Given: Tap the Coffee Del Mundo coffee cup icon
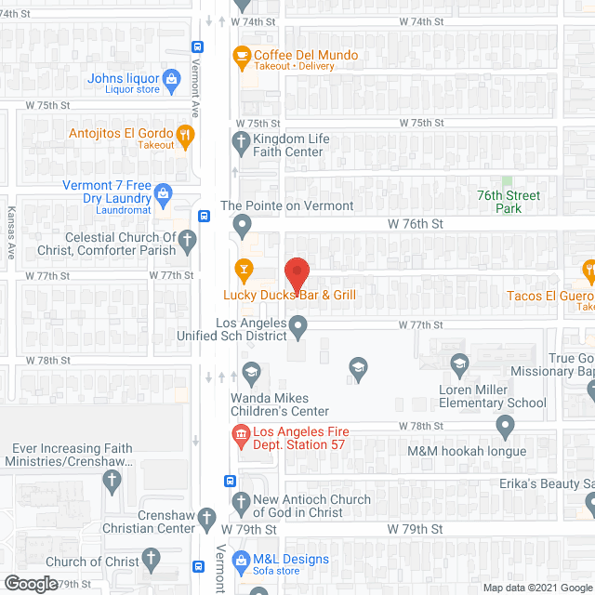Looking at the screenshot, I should [242, 56].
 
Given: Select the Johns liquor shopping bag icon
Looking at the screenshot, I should [171, 79].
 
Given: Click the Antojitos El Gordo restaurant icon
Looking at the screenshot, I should [186, 136].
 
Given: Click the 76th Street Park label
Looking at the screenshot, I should [509, 202].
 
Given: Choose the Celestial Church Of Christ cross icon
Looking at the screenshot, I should [187, 242].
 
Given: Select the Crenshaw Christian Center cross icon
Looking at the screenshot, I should [206, 516].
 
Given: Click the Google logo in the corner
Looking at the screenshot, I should [30, 584].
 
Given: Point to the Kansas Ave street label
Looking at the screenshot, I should [12, 233].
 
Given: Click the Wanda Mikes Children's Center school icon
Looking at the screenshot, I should [249, 373].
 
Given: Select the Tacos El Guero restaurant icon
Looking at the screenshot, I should [588, 271].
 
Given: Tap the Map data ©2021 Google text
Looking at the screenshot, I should [535, 587].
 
